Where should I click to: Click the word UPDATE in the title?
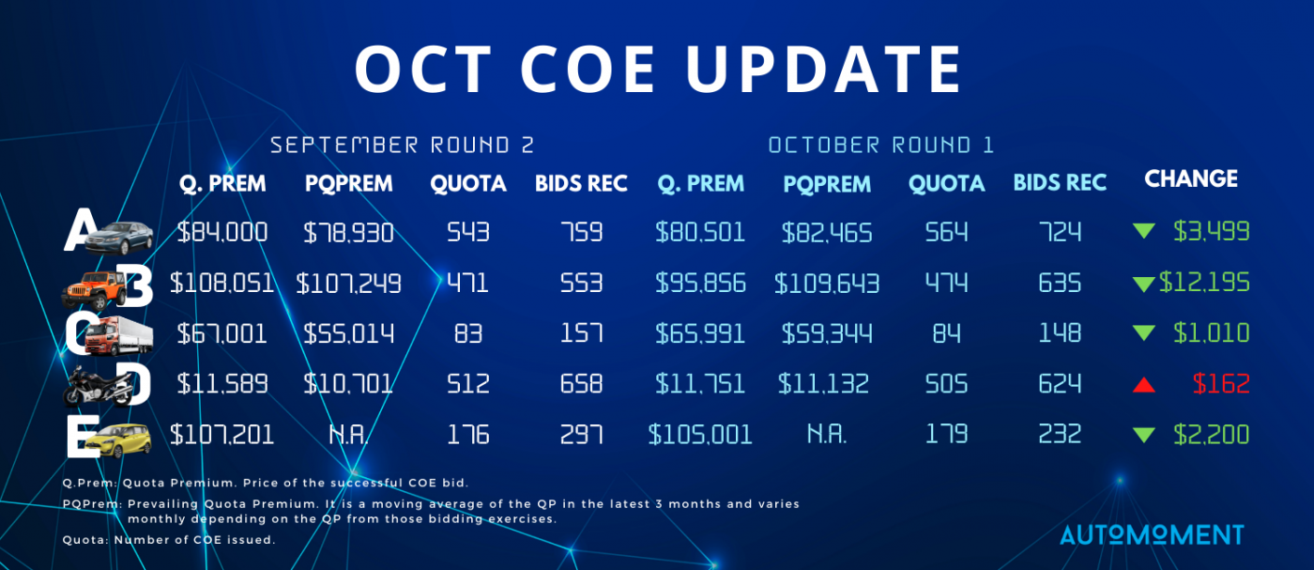pos(824,69)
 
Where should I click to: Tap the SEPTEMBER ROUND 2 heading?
pos(402,145)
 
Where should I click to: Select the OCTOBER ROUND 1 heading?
pos(881,145)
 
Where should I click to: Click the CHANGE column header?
pos(1191,178)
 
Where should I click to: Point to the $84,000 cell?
pos(222,233)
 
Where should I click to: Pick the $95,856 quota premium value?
pos(700,284)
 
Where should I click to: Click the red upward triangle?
pos(1144,384)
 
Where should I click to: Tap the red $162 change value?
pos(1221,384)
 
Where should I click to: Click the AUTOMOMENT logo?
pos(1153,534)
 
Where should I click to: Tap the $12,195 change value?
pos(1204,283)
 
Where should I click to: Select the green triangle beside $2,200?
pos(1144,435)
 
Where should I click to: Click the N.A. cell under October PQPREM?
pos(827,435)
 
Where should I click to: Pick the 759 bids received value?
pos(581,233)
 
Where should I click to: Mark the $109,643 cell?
pos(827,284)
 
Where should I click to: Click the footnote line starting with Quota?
pos(169,539)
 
